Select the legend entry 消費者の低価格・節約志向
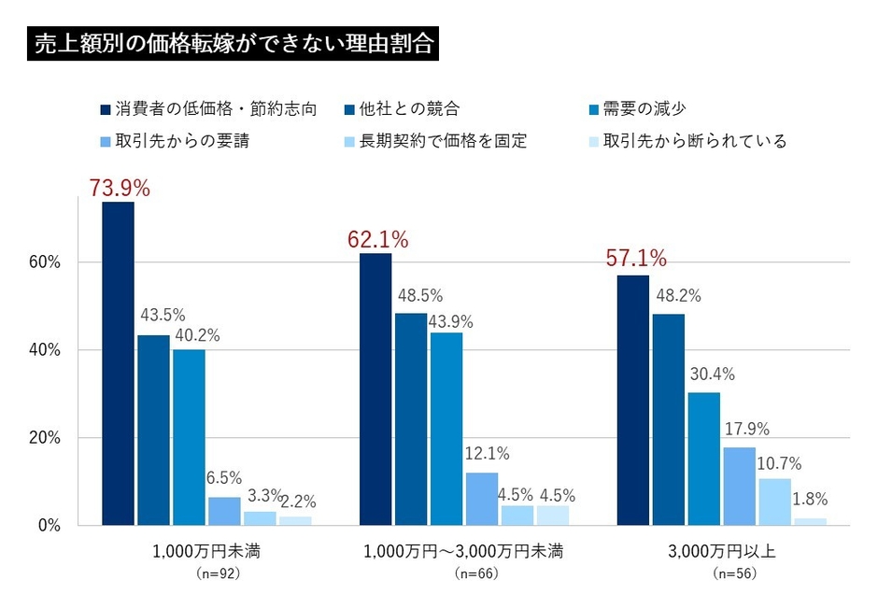(215, 108)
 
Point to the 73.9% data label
(120, 187)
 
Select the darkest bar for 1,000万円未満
(118, 364)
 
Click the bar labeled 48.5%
(411, 419)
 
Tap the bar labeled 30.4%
(704, 459)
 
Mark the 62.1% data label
(377, 239)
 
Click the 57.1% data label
(636, 258)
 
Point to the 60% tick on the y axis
(44, 262)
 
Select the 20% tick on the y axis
(44, 438)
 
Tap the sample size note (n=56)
(734, 573)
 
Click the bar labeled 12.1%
(482, 499)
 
